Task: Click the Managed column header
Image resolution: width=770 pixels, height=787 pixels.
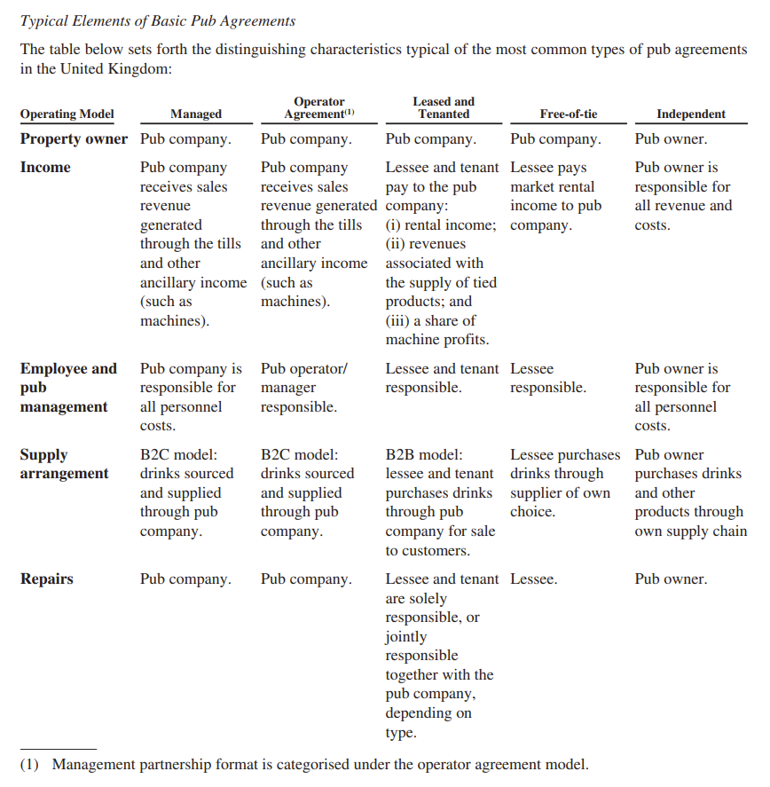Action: coord(196,114)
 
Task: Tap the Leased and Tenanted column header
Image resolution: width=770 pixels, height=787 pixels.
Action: coord(444,108)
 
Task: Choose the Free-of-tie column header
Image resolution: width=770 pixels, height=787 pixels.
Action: coord(568,114)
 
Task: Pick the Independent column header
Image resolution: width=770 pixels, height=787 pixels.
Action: coord(690,114)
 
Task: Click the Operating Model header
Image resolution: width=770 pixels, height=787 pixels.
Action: coord(67,114)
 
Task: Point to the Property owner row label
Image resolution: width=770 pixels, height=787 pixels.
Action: coord(74,139)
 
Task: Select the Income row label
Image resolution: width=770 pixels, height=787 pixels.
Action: coord(45,168)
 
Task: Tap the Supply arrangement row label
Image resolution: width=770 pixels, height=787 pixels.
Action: coord(65,464)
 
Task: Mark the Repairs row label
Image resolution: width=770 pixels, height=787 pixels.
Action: coord(47,579)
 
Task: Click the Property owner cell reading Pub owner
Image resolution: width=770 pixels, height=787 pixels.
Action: coord(672,139)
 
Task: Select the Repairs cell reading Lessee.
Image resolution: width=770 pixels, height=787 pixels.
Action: coord(534,579)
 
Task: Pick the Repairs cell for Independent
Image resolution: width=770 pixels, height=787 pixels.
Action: coord(672,579)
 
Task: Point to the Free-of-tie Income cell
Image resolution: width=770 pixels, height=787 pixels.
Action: coord(555,196)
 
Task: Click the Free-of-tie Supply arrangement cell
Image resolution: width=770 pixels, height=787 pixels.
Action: coord(564,483)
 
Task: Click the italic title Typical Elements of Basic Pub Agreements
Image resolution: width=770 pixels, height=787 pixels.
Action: coord(158,20)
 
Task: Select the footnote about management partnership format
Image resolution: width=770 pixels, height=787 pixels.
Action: coord(303,764)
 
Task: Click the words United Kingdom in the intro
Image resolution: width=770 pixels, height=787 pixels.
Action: coord(115,68)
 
